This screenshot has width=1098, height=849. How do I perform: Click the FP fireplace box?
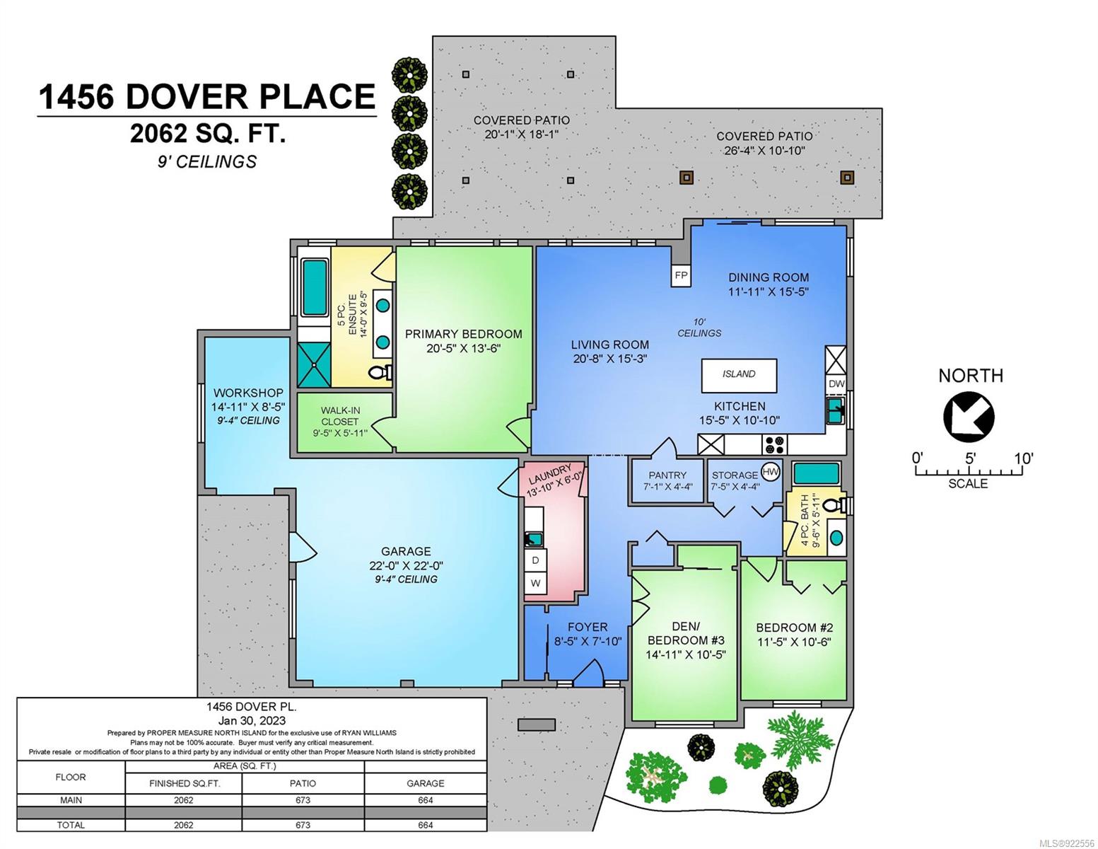tap(681, 276)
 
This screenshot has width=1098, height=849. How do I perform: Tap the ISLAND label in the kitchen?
tap(738, 374)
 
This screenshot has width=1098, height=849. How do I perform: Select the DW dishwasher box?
tap(836, 383)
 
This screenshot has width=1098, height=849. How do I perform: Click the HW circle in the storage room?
tap(771, 472)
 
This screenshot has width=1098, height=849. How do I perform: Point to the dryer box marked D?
tap(536, 560)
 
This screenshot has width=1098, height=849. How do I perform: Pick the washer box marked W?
tap(536, 582)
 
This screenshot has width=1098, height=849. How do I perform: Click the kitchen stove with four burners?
tap(774, 444)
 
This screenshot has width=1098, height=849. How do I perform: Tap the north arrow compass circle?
tap(969, 417)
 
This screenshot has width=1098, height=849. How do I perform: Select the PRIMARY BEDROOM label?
tap(463, 334)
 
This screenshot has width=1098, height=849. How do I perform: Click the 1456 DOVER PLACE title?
tap(207, 97)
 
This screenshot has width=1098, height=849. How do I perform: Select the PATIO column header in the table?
tap(303, 783)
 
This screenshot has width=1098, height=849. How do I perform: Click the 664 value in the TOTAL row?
tap(426, 825)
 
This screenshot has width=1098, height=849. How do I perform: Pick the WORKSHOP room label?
tap(248, 393)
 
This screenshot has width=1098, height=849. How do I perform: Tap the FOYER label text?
tap(587, 627)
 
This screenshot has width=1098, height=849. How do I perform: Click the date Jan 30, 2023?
tap(252, 720)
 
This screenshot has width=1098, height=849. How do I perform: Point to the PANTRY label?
tap(667, 475)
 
